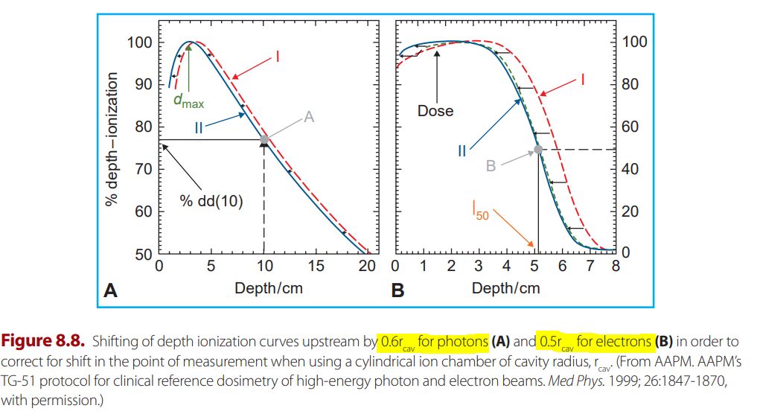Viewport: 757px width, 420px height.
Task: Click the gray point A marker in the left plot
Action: click(264, 139)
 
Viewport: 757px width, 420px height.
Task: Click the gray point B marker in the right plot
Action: click(537, 150)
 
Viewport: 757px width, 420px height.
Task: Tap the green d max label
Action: click(188, 101)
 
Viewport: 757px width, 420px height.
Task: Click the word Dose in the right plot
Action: click(435, 111)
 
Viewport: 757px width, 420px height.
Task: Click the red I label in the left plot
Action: click(276, 55)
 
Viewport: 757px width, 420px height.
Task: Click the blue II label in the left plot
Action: click(199, 128)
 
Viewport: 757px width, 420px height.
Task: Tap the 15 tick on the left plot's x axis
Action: click(316, 266)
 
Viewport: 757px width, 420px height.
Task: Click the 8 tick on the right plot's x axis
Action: click(616, 266)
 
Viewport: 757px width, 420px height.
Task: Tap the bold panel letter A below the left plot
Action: click(110, 290)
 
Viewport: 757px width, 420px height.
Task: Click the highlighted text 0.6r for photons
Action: click(433, 343)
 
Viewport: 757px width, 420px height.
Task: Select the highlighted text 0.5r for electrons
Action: click(595, 343)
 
